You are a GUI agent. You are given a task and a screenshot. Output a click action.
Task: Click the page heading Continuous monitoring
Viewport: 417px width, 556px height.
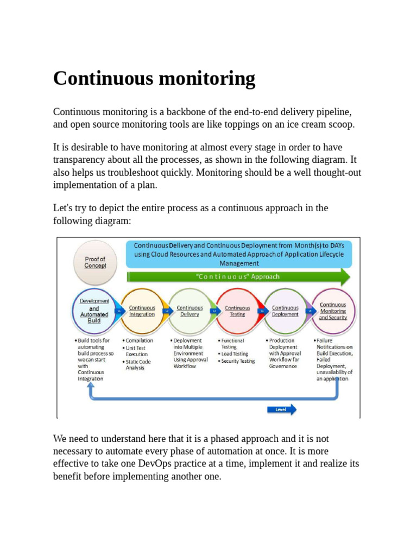pos(154,79)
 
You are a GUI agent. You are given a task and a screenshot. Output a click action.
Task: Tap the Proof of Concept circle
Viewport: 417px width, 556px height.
pos(95,263)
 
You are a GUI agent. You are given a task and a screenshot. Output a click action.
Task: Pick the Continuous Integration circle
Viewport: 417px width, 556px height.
pos(142,311)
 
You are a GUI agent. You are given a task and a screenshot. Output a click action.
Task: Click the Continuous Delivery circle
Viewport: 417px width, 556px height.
pos(189,311)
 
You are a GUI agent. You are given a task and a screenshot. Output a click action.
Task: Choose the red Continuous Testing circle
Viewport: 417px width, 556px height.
pos(237,311)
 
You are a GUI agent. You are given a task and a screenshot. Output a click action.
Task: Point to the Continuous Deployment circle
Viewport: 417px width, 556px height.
pos(285,311)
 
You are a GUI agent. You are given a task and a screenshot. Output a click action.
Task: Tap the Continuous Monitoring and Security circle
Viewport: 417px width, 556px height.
pos(332,311)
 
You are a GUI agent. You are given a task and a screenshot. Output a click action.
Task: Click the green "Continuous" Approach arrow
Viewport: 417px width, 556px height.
pos(238,277)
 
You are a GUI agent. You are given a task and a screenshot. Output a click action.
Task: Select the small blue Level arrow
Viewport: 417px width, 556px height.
pos(282,409)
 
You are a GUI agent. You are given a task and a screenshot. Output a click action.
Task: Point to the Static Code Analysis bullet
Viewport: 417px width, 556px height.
pos(138,365)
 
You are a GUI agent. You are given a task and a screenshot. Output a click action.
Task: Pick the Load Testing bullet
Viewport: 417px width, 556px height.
pos(234,354)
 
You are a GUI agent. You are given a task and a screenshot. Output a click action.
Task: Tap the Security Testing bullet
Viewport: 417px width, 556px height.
pos(237,361)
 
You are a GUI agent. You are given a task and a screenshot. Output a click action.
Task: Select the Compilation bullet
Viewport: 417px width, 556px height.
pos(139,341)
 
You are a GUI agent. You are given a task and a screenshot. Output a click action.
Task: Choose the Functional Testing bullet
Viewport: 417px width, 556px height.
pos(232,344)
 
